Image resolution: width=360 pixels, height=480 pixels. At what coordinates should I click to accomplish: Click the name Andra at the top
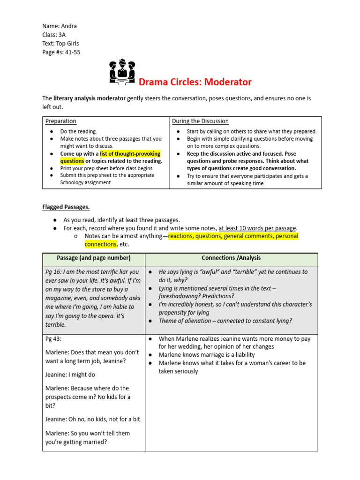coord(68,26)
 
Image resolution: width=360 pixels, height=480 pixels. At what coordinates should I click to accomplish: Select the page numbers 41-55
coord(72,52)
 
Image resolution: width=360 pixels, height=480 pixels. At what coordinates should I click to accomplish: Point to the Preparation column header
coord(61,121)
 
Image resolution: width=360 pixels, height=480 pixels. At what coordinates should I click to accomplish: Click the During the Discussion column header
coord(200,121)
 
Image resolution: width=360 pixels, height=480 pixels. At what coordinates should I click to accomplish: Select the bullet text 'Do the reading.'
coord(79,132)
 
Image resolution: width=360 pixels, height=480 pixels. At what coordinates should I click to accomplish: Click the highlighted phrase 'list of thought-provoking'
coord(130,154)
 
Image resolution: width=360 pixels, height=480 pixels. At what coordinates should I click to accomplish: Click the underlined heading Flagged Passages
coord(63,207)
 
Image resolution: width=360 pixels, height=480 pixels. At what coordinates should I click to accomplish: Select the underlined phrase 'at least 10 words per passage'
coord(258,228)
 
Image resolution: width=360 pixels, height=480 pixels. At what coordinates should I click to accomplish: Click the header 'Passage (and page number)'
coord(94,258)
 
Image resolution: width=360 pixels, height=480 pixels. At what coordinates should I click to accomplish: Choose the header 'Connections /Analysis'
coord(231,258)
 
